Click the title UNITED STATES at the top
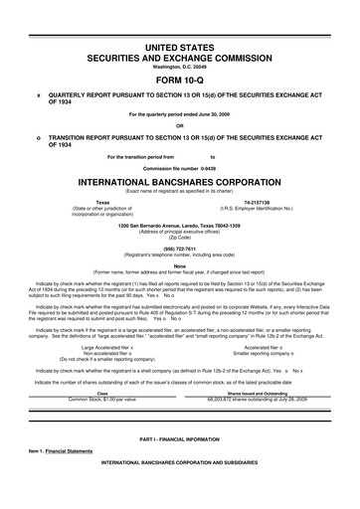click(x=180, y=48)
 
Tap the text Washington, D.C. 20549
click(x=180, y=68)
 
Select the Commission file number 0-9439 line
click(x=180, y=168)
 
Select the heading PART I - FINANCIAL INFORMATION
click(x=180, y=466)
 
